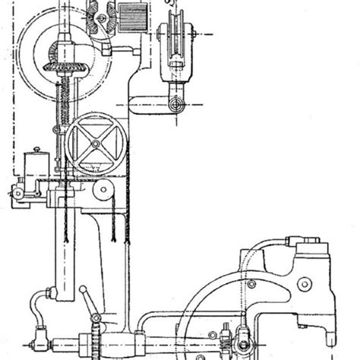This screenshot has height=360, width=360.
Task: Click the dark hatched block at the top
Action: (133, 14)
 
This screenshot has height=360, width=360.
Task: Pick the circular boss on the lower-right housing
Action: (304, 283)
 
